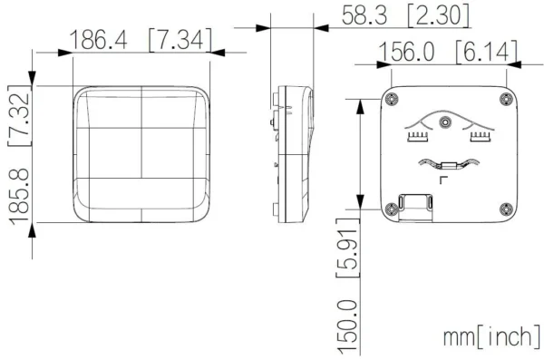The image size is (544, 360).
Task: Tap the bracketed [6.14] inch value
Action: pos(487,53)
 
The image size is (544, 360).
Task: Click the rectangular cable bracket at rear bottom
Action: pos(418,206)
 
